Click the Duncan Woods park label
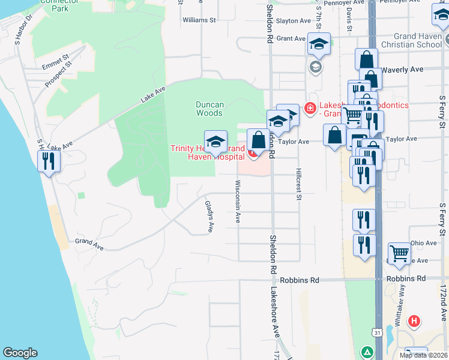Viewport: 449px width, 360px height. (209, 109)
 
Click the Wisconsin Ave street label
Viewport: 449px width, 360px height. (238, 202)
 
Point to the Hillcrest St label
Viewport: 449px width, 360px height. (298, 181)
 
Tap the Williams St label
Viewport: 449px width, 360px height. (199, 20)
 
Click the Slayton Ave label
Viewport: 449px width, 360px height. (294, 21)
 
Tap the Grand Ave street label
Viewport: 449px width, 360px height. (89, 243)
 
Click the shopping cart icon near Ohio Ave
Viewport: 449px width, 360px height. (399, 253)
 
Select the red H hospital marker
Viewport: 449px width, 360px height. (413, 321)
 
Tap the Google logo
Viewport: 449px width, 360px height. (20, 353)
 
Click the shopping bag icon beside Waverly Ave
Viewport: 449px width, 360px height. (366, 60)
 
